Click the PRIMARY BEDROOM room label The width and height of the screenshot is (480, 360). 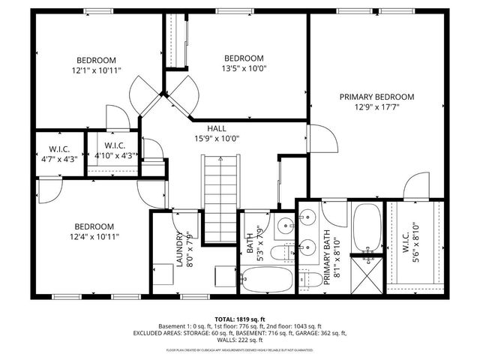click(376, 97)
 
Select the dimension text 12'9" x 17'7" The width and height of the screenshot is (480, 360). click(376, 107)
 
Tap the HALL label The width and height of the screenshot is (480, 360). click(217, 129)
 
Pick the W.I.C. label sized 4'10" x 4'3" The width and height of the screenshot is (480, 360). click(114, 145)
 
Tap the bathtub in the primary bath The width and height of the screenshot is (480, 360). click(367, 228)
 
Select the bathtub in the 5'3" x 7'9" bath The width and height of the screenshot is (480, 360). click(268, 282)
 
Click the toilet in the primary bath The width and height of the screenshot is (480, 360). click(310, 278)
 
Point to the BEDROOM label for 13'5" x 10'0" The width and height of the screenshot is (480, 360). click(244, 58)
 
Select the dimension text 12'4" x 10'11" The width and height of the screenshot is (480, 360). click(93, 236)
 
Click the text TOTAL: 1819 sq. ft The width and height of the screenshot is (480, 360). click(240, 319)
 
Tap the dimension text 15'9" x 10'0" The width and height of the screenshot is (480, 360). click(217, 139)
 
